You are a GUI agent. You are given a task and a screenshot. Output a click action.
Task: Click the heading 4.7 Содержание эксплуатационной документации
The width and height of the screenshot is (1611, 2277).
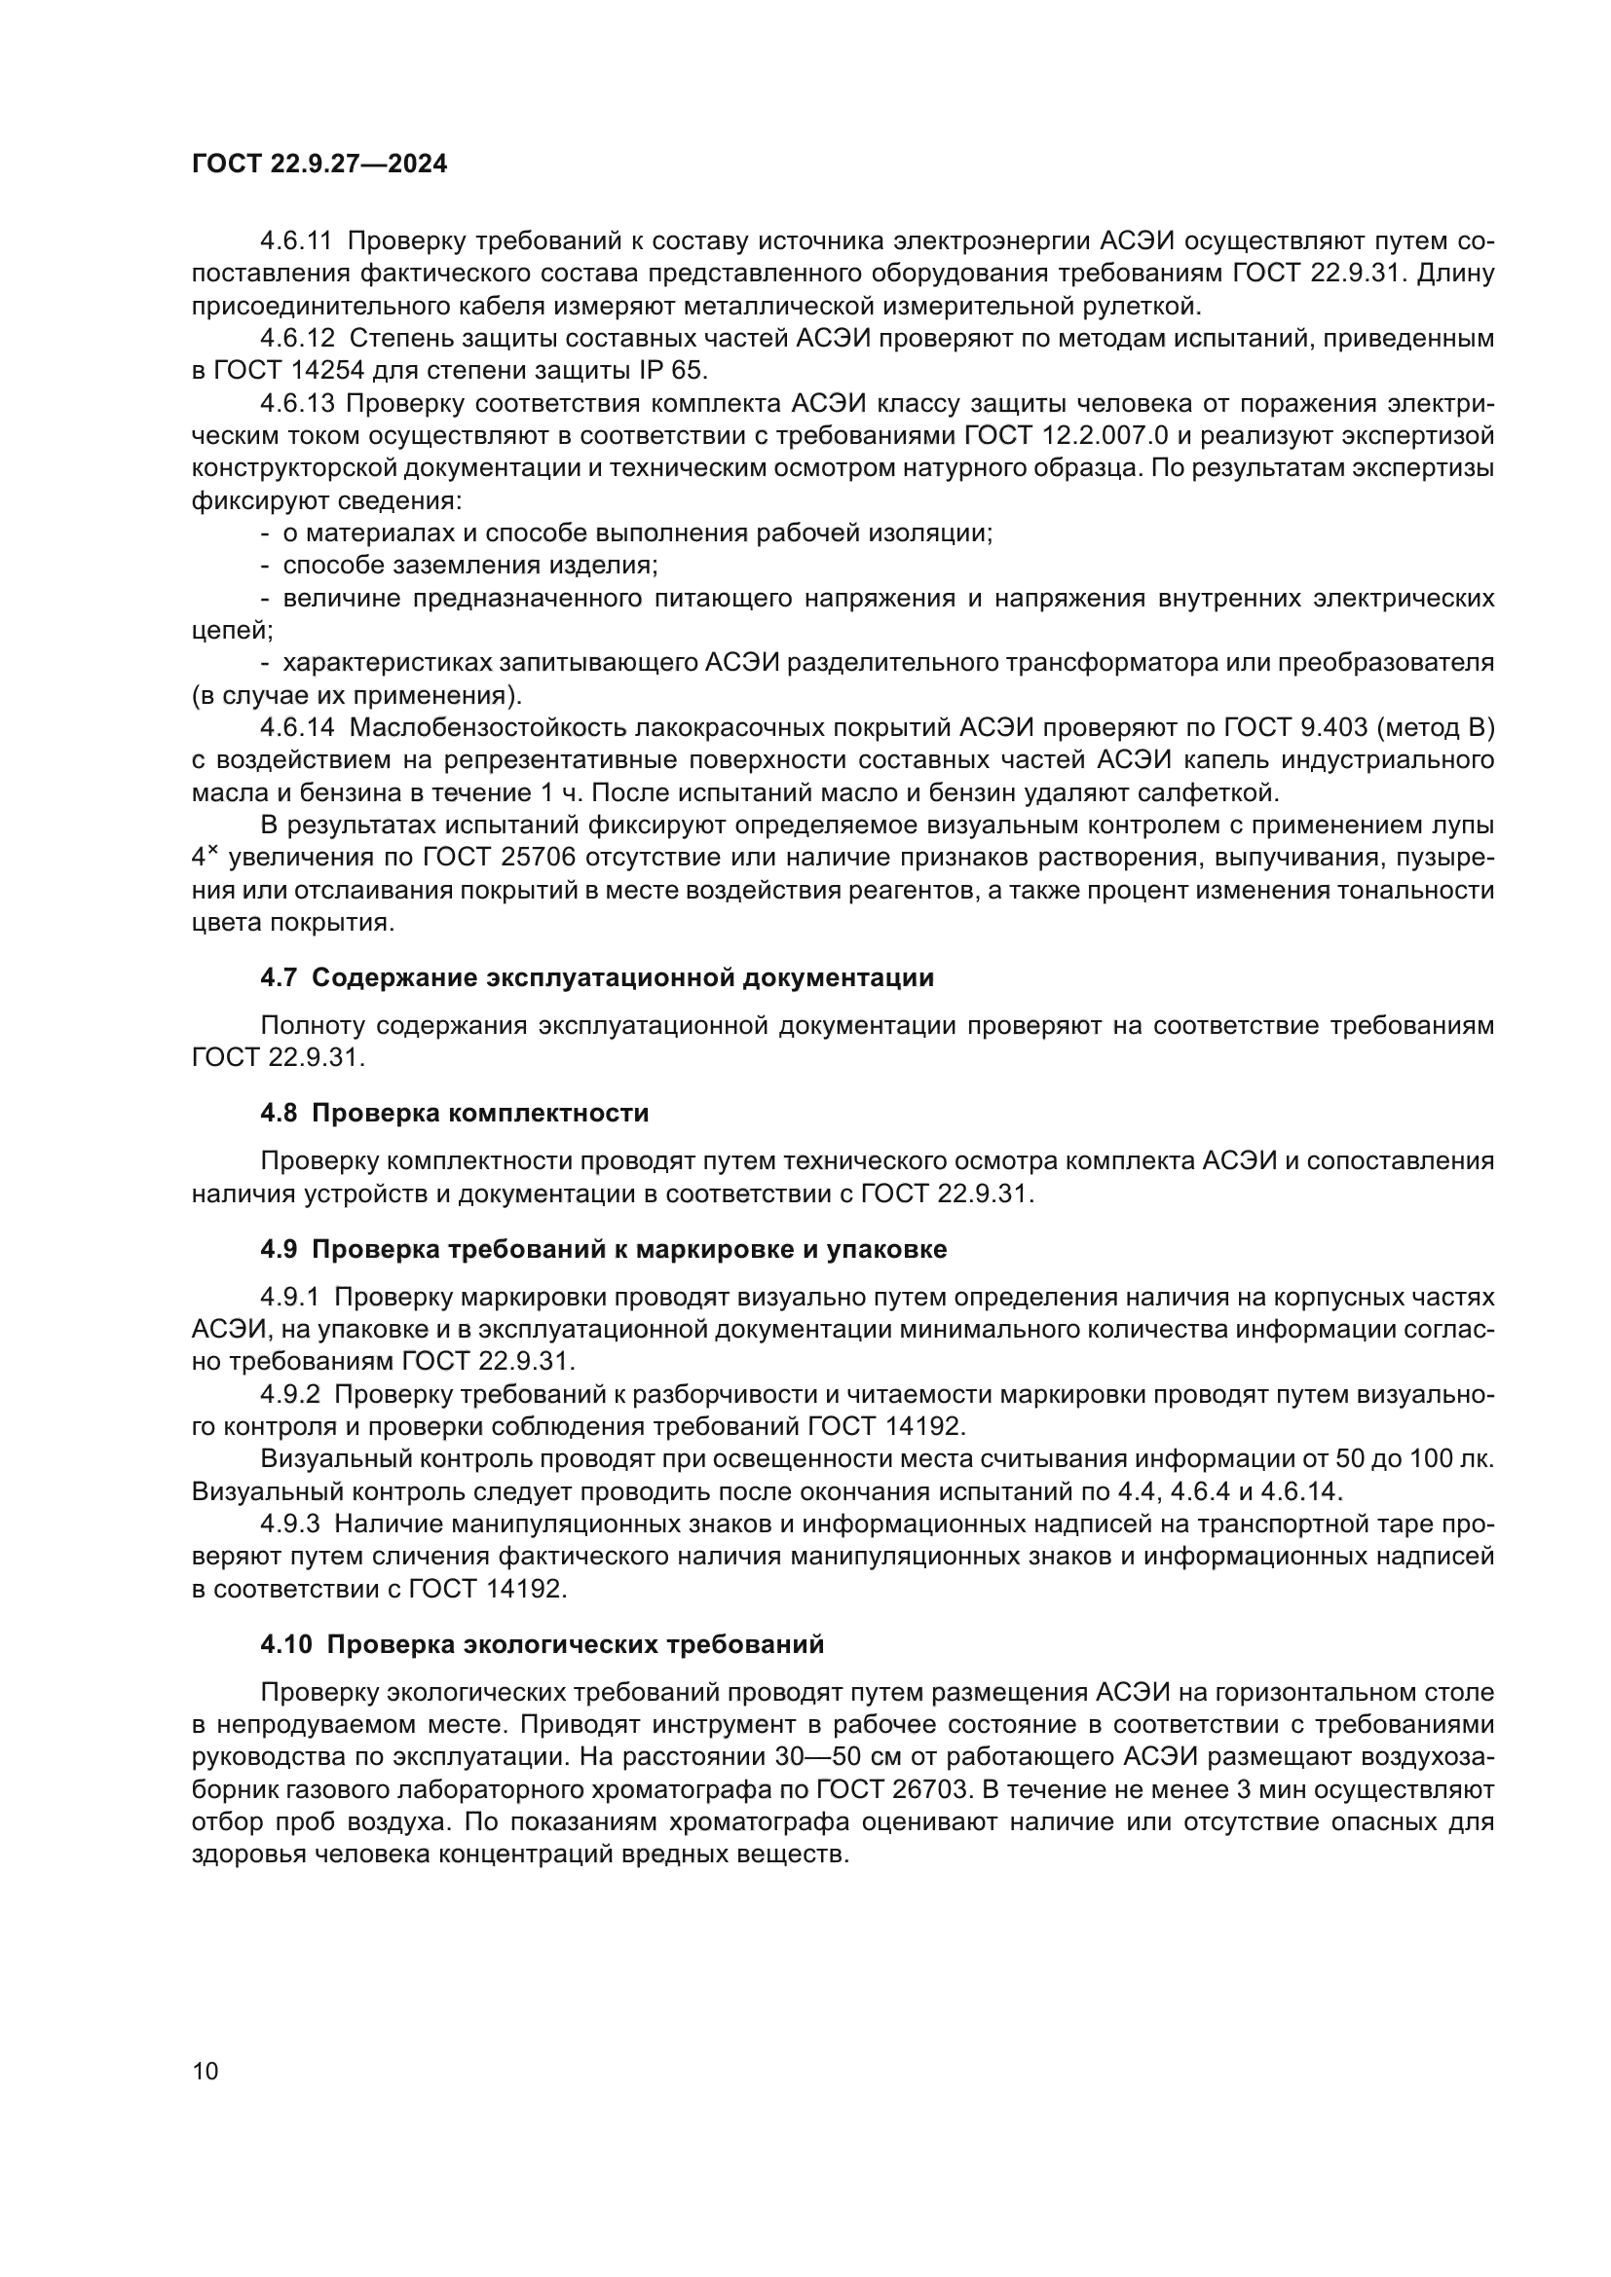coord(597,977)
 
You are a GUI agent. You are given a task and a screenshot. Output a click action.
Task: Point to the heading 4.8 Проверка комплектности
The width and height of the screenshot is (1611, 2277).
coord(454,1113)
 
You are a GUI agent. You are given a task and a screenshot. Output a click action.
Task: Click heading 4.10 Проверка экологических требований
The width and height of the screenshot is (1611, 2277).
coord(542,1644)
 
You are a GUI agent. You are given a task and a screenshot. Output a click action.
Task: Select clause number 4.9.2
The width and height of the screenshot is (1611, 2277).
coord(290,1394)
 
